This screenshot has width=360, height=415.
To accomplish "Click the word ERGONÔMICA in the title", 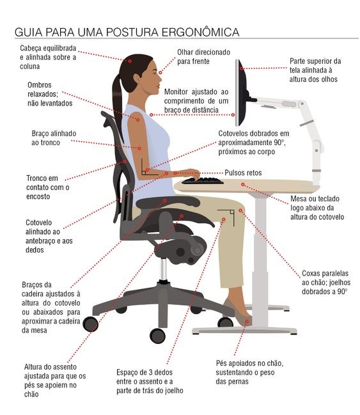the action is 200,32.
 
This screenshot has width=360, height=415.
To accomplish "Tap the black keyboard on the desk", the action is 203,181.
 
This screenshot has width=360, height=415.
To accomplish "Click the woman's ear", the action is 137,79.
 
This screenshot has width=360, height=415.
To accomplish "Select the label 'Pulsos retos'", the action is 243,173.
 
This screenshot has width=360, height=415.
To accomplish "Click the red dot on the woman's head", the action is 130,61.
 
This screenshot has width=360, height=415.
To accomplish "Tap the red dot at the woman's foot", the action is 247,321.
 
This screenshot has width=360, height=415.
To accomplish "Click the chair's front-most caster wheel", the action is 157,336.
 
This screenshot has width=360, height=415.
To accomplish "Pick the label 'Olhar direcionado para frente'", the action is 203,57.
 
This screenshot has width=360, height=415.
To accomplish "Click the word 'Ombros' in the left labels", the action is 40,85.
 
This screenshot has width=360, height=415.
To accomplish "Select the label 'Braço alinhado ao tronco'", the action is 54,138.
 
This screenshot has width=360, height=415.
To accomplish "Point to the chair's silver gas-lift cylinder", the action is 163,269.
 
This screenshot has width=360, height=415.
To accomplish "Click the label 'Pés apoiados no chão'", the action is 249,363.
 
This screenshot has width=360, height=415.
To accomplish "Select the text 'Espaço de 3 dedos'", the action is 145,372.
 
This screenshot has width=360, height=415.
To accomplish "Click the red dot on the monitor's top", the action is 242,68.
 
